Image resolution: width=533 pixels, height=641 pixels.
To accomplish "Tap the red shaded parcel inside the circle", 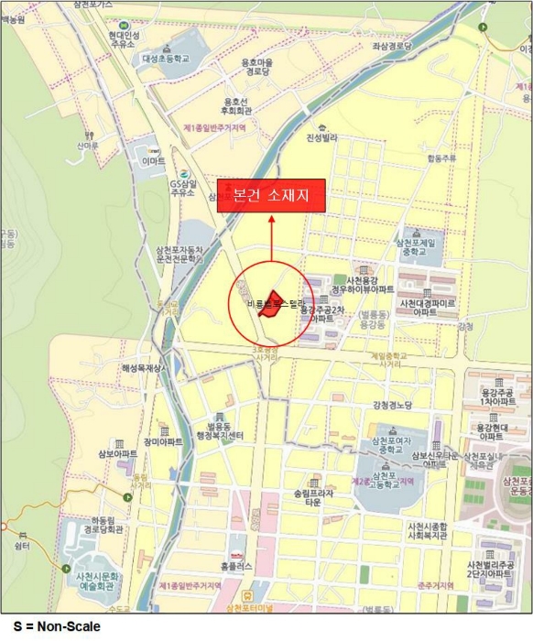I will tap(269, 306).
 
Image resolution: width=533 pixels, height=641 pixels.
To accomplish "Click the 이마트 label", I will tap(154, 161).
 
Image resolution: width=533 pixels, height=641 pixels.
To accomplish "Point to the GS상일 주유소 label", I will tap(183, 187).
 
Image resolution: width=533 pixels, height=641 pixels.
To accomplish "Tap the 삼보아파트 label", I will tap(114, 453).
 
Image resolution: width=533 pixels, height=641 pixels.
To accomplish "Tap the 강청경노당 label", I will tap(394, 405).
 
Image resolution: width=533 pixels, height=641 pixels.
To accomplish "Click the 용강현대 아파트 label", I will tap(498, 431).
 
